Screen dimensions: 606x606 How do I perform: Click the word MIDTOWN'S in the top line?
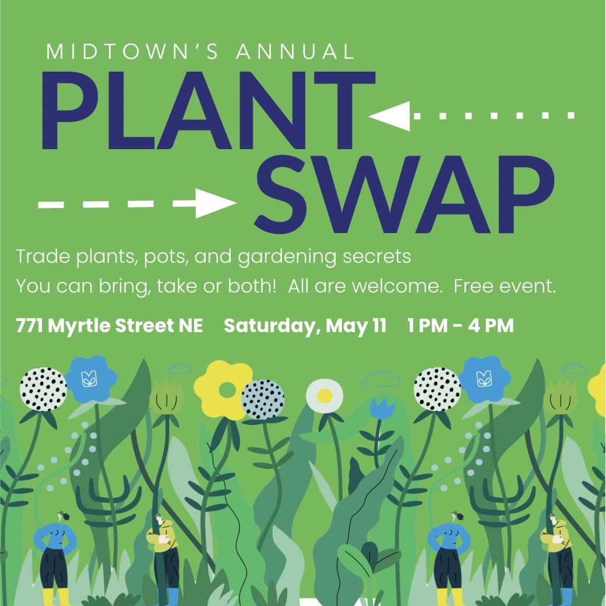pyautogui.click(x=132, y=51)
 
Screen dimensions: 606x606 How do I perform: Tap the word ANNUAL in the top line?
pyautogui.click(x=295, y=51)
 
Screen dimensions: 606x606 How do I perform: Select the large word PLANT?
pyautogui.click(x=209, y=110)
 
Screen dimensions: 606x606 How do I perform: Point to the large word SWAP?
pyautogui.click(x=404, y=195)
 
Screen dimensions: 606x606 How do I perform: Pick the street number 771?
pyautogui.click(x=29, y=325)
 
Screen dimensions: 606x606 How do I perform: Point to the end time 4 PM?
pyautogui.click(x=491, y=325)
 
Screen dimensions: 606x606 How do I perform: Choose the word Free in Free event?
pyautogui.click(x=474, y=286)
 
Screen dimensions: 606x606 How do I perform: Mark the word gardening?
pyautogui.click(x=287, y=258)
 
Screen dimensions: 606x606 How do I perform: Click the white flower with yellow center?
pyautogui.click(x=325, y=396)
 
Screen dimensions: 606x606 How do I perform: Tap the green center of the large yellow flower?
pyautogui.click(x=227, y=390)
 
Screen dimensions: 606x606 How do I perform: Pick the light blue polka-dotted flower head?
pyautogui.click(x=263, y=399)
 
